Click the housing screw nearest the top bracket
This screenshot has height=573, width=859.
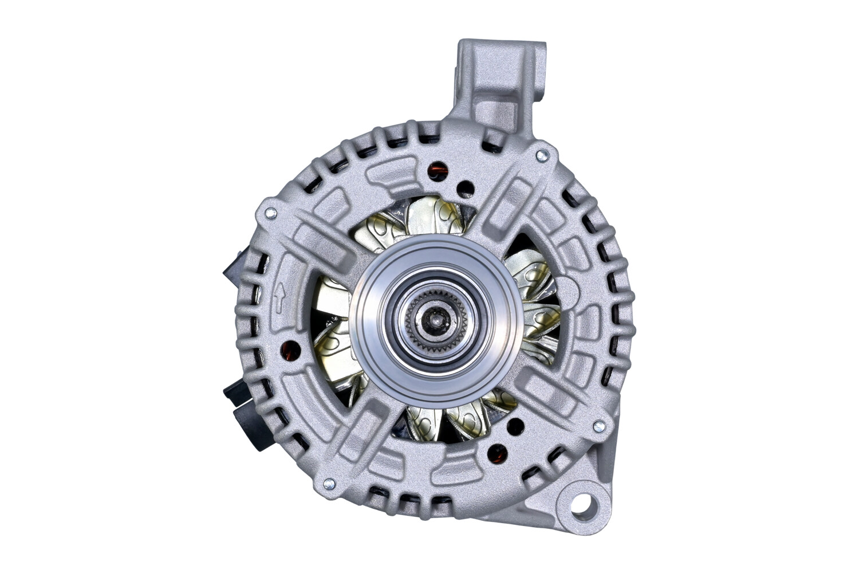[x=541, y=155]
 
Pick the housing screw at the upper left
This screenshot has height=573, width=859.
[x=270, y=213]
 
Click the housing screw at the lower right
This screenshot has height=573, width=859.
[x=598, y=426]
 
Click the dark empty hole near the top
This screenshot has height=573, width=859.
[x=467, y=188]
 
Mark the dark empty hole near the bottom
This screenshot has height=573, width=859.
[x=515, y=425]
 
